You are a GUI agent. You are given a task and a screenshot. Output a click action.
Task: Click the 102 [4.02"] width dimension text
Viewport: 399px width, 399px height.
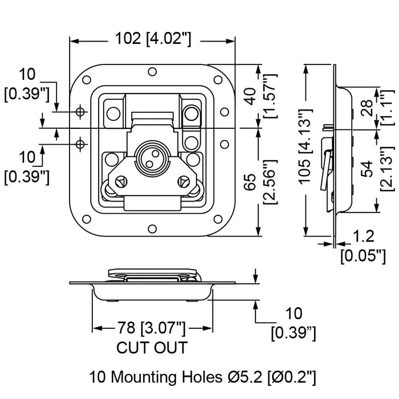(x=153, y=39)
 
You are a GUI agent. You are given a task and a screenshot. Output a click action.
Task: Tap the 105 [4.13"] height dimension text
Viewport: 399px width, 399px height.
(x=306, y=146)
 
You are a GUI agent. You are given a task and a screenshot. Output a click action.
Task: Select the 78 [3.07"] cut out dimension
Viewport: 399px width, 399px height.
(x=151, y=328)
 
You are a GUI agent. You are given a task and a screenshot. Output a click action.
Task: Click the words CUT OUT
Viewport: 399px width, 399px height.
(x=152, y=348)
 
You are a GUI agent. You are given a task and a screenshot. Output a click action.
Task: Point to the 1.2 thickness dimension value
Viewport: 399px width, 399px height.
(x=364, y=236)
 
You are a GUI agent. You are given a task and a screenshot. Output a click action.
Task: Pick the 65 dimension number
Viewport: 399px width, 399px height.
(x=250, y=182)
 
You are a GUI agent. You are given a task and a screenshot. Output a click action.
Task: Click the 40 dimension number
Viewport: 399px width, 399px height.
(x=250, y=96)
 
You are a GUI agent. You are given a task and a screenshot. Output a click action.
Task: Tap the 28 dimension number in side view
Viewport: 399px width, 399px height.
(x=367, y=108)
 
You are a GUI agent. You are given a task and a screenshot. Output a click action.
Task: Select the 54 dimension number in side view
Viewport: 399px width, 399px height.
(x=367, y=169)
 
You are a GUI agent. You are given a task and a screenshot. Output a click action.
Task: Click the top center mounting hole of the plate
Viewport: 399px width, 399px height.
(x=152, y=72)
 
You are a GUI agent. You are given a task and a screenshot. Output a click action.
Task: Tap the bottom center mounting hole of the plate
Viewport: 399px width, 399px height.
(x=152, y=229)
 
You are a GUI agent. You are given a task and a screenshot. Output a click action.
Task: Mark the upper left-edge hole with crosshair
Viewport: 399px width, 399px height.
(x=80, y=112)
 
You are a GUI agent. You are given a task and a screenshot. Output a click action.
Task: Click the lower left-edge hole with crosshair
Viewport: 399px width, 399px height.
(x=80, y=144)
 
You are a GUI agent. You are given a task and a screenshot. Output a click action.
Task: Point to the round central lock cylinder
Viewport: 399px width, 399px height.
(x=148, y=157)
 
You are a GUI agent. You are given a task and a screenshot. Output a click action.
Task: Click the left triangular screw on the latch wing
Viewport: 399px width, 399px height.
(x=121, y=182)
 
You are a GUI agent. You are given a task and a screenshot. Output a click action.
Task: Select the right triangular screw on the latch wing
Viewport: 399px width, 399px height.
(x=183, y=182)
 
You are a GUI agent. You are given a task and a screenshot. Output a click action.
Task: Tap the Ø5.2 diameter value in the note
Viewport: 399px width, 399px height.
(x=244, y=377)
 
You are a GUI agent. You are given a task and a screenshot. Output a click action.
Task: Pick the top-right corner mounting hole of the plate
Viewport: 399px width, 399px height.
(x=218, y=80)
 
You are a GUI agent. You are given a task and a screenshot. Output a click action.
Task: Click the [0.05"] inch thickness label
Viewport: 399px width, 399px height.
(x=363, y=256)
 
